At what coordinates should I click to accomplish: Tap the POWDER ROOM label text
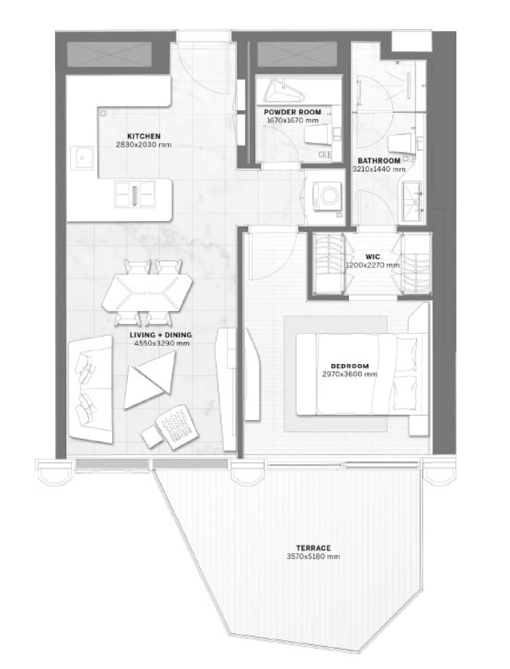pos(292,112)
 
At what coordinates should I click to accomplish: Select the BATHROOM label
pos(379,161)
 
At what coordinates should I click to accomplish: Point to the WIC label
pos(372,257)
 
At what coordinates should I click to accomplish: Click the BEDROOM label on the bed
pos(350,366)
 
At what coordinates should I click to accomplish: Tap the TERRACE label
pos(314,548)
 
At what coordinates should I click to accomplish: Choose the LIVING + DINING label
pos(160,335)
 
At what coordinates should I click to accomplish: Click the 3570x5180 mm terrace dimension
pos(314,556)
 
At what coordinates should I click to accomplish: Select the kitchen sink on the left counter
pos(82,158)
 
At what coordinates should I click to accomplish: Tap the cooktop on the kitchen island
pos(134,194)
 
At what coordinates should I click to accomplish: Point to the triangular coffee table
pos(149,382)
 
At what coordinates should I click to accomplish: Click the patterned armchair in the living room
pos(177,427)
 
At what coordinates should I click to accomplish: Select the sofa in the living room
pos(90,388)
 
